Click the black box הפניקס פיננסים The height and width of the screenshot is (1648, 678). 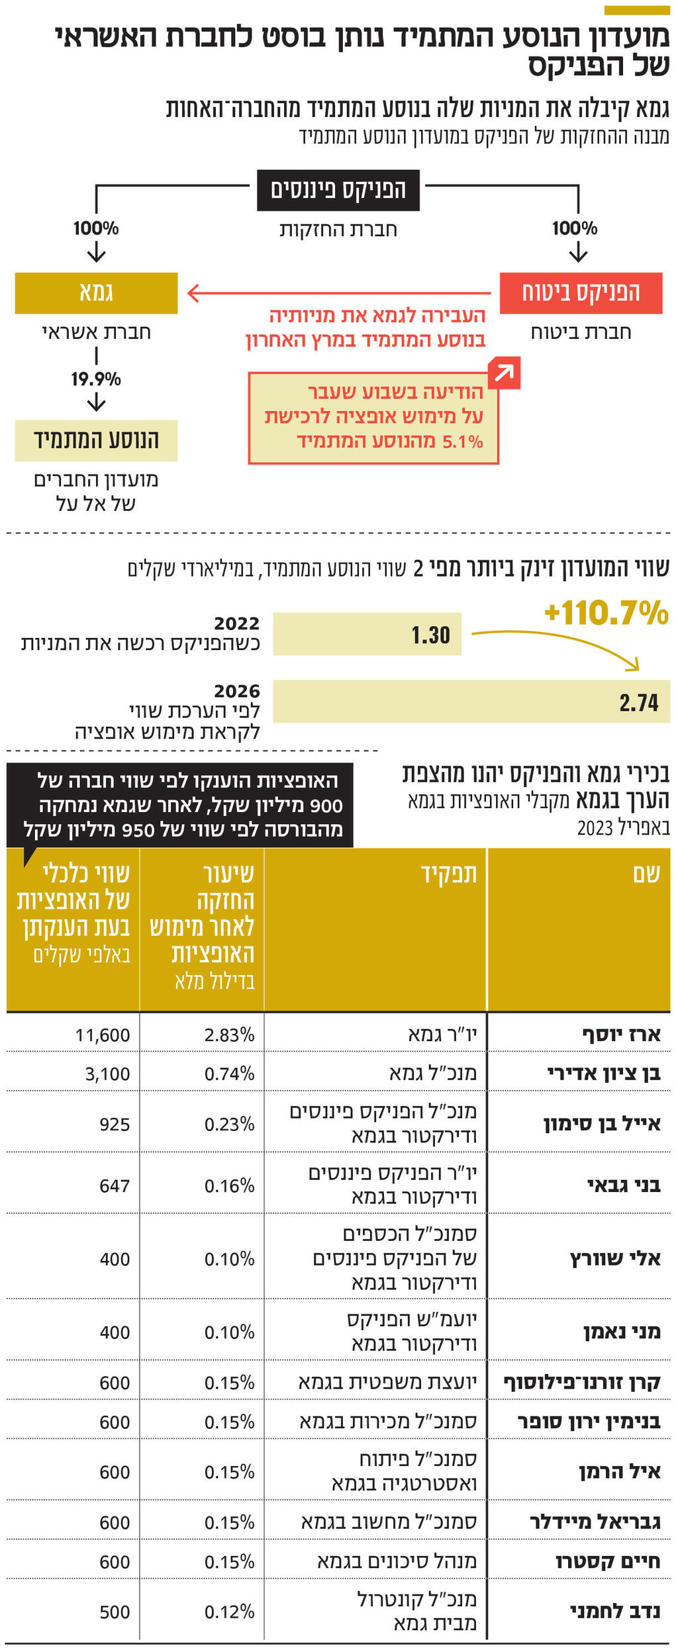(338, 190)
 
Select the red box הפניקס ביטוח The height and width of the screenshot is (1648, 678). (581, 293)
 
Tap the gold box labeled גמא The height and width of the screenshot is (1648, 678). (96, 293)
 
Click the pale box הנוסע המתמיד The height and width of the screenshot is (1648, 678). (96, 440)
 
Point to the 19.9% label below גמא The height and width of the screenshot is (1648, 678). (96, 379)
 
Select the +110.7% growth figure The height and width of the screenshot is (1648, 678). (606, 613)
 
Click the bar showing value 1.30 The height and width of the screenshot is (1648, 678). (367, 634)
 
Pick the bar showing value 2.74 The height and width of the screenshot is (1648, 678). (471, 702)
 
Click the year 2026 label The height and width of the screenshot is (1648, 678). (236, 691)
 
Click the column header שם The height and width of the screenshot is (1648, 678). (646, 874)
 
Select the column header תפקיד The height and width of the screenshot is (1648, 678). (449, 874)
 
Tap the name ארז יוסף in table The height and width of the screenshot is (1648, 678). (621, 1034)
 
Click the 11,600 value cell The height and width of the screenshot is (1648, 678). (103, 1035)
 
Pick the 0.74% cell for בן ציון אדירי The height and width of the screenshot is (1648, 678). (229, 1074)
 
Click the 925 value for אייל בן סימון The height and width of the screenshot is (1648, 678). (115, 1124)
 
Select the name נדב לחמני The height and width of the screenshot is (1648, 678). (614, 1612)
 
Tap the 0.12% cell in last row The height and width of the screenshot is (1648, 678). (229, 1612)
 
